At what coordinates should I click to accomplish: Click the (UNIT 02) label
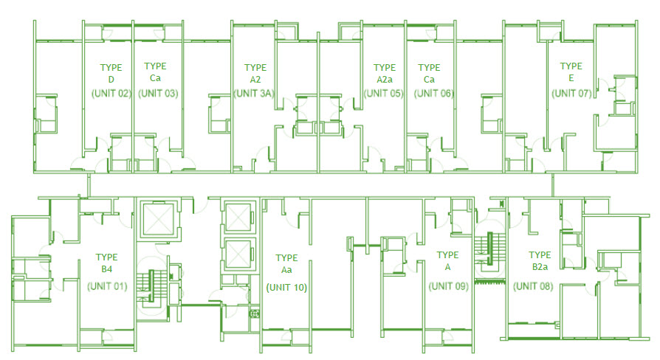[x=111, y=94]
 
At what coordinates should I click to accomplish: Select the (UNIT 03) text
[x=157, y=94]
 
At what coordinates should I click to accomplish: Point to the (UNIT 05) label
[x=383, y=94]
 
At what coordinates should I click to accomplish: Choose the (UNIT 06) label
[x=434, y=94]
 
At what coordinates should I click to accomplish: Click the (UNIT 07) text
[x=571, y=93]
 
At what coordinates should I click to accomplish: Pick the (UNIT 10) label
[x=286, y=287]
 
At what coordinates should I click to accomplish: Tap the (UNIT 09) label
[x=448, y=286]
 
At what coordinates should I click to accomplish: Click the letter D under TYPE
[x=111, y=80]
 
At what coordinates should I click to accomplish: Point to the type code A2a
[x=384, y=80]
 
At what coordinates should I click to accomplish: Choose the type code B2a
[x=540, y=269]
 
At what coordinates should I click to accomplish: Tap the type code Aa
[x=286, y=271]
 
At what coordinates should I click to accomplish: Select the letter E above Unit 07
[x=571, y=79]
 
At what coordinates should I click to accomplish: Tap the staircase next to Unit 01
[x=154, y=289]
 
